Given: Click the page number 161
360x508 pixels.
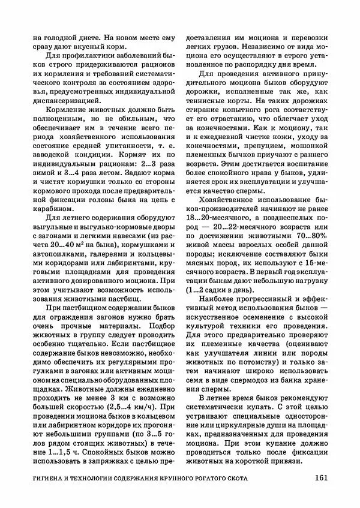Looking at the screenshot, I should pos(319,478).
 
